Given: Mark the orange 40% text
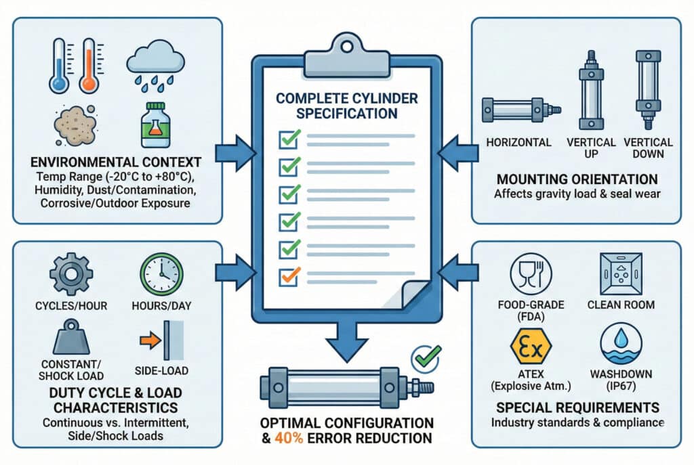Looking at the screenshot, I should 287,439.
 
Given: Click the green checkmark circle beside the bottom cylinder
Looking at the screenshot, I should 427,355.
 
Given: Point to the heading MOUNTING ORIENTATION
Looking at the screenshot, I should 576,179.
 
